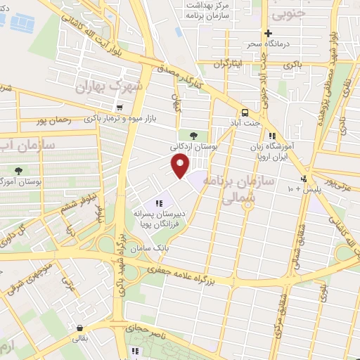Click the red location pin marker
(x=181, y=166)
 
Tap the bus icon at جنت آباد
(x=245, y=112)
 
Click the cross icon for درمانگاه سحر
(x=267, y=33)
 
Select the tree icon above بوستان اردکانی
(x=193, y=135)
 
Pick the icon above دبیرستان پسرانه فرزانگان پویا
(x=167, y=203)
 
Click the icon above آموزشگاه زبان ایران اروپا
(x=272, y=136)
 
